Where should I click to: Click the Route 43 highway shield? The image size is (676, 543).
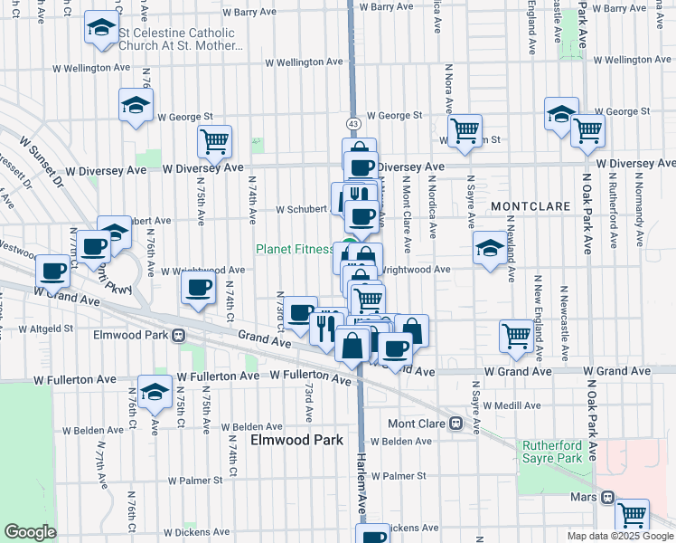(353, 122)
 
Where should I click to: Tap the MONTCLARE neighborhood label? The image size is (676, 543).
(531, 206)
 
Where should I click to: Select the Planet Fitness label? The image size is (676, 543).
(294, 249)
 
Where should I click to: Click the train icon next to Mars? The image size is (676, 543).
(608, 497)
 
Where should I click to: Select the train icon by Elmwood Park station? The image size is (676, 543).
(179, 334)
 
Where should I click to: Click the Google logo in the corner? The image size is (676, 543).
(30, 532)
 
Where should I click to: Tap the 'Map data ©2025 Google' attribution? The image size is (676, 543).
(619, 536)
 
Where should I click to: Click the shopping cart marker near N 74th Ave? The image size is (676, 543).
(215, 140)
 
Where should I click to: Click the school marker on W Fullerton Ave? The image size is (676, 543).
(155, 392)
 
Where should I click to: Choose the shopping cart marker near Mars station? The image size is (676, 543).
(632, 514)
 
